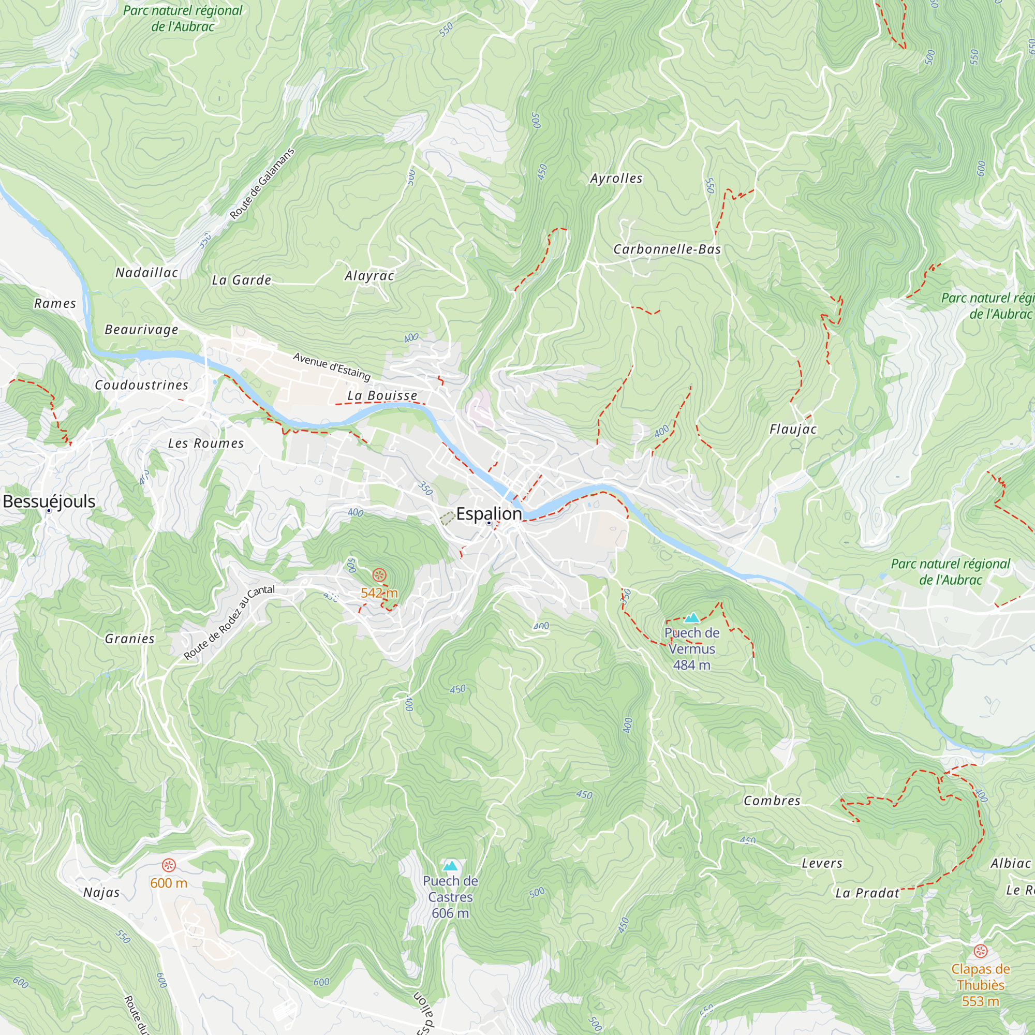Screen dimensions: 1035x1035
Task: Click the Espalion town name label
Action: tap(489, 514)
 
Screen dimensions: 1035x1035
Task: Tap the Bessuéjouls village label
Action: tap(49, 501)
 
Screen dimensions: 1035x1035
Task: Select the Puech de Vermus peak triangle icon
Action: tap(691, 618)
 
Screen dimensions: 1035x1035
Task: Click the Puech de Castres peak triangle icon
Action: tap(451, 866)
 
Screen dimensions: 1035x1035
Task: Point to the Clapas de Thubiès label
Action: tap(980, 985)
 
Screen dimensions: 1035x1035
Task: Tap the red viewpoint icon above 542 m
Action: tap(379, 576)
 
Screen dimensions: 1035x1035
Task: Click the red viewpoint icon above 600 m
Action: tap(169, 865)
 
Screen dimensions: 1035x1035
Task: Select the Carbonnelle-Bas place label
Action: tap(667, 249)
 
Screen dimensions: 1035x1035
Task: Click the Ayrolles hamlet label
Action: tap(616, 179)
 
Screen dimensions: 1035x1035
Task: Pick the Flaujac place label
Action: tap(793, 429)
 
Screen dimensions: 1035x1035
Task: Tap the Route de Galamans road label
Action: tap(262, 184)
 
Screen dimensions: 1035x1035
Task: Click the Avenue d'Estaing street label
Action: tap(332, 366)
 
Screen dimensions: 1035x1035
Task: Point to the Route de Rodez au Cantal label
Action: tap(229, 623)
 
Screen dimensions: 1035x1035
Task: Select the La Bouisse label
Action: tap(382, 395)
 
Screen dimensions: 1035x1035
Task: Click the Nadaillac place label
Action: tap(147, 273)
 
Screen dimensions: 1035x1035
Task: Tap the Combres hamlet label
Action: tap(772, 801)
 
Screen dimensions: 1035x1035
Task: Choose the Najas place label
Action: tap(101, 893)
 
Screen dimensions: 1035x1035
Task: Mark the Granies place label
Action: tap(130, 639)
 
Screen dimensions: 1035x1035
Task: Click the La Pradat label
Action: tap(867, 893)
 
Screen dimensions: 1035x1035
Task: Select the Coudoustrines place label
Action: tap(141, 385)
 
